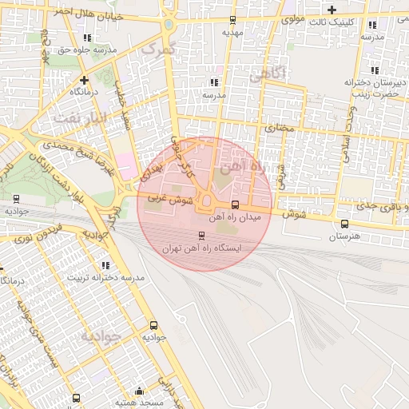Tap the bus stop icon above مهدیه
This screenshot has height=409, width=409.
pyautogui.click(x=232, y=21)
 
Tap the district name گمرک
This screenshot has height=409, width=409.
pyautogui.click(x=157, y=49)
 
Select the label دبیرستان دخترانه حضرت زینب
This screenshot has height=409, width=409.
pyautogui.click(x=371, y=88)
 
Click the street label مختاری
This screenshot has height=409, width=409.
pyautogui.click(x=280, y=127)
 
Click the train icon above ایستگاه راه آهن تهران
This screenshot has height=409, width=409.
pyautogui.click(x=201, y=236)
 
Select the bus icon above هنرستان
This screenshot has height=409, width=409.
pyautogui.click(x=344, y=224)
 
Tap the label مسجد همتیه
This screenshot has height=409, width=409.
pyautogui.click(x=140, y=403)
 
